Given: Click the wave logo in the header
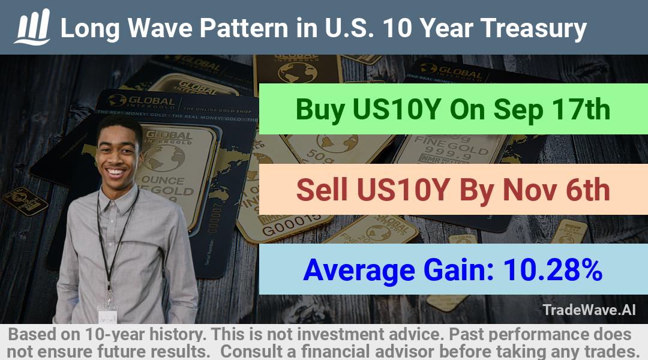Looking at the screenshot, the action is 32,27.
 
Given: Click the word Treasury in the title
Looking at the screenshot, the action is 533,29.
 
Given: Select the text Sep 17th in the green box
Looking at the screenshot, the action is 552,110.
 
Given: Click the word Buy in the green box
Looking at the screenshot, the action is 320,110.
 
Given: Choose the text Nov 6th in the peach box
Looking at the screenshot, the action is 556,190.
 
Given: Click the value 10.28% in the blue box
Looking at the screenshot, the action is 553,270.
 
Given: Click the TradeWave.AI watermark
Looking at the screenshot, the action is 589,310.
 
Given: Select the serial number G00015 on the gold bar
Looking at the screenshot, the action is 291,224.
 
